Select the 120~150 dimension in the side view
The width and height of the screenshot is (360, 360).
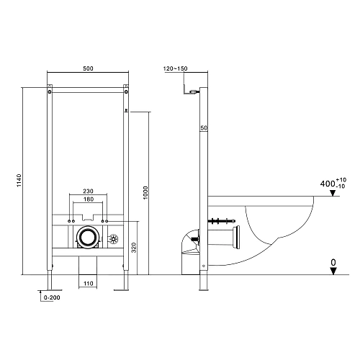point(176,68)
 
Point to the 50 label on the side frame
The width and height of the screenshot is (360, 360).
point(204,127)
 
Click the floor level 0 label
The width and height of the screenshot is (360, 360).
point(333,263)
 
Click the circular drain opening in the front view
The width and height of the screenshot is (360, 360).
point(88,237)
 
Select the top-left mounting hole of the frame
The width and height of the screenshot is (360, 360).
point(50,91)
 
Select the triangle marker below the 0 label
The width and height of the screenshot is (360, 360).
point(333,271)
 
